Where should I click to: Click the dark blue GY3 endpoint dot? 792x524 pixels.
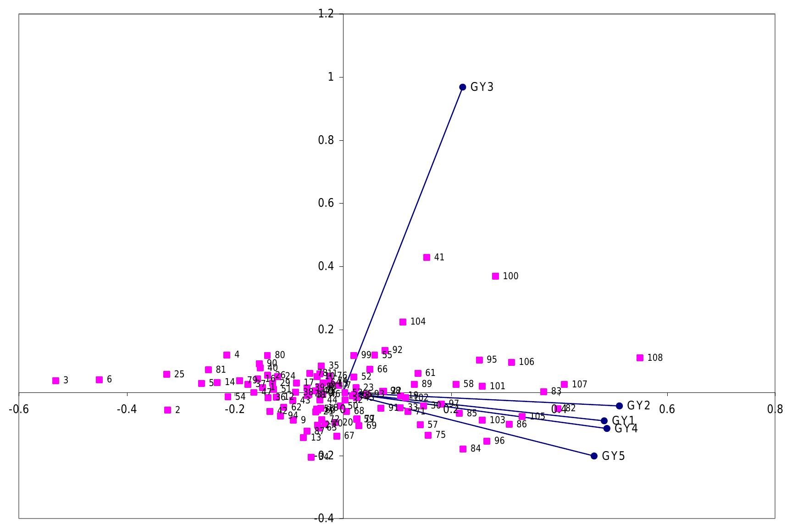[x=463, y=87]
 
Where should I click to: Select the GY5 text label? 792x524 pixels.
[x=613, y=456]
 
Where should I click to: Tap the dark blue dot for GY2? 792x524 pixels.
[x=619, y=406]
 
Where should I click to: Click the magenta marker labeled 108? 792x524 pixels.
[x=640, y=358]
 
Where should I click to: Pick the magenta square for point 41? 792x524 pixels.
[x=426, y=257]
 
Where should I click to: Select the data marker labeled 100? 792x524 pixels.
[x=495, y=276]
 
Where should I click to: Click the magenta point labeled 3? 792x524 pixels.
[x=56, y=381]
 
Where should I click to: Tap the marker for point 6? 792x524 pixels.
[x=99, y=380]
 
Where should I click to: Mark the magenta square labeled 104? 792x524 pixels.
[x=403, y=322]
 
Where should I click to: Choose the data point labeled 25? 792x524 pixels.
[x=166, y=374]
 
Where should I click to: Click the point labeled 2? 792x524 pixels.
[x=168, y=410]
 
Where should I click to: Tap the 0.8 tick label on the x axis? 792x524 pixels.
[x=775, y=409]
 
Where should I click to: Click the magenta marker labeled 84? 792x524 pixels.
[x=463, y=449]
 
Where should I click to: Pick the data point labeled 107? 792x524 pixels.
[x=564, y=384]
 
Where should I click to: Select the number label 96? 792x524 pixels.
[x=499, y=441]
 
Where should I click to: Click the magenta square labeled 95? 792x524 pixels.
[x=479, y=360]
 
